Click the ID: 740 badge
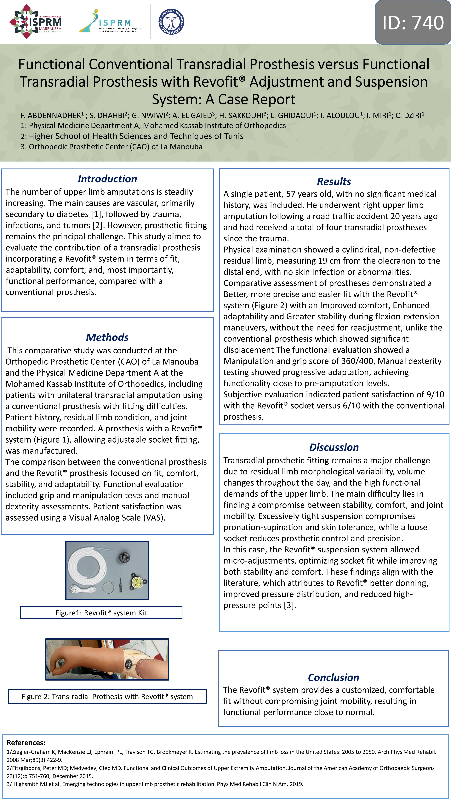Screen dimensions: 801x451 [413, 22]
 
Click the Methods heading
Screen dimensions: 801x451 [107, 337]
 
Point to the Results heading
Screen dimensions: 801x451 [334, 182]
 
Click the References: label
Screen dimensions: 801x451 [26, 743]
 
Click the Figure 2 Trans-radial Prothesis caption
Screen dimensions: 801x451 [107, 697]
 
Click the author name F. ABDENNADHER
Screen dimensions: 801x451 [51, 116]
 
